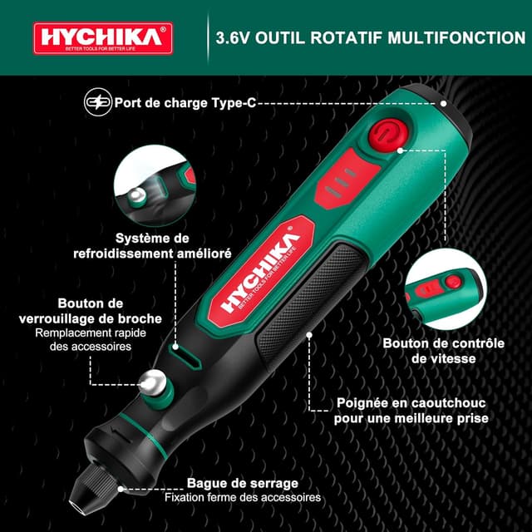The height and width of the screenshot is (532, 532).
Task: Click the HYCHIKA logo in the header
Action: pyautogui.click(x=103, y=37)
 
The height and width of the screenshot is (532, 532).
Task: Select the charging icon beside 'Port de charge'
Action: pyautogui.click(x=97, y=103)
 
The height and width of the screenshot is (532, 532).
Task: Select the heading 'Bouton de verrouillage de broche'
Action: pyautogui.click(x=91, y=311)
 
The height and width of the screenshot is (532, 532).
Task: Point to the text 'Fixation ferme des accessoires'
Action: pyautogui.click(x=243, y=497)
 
